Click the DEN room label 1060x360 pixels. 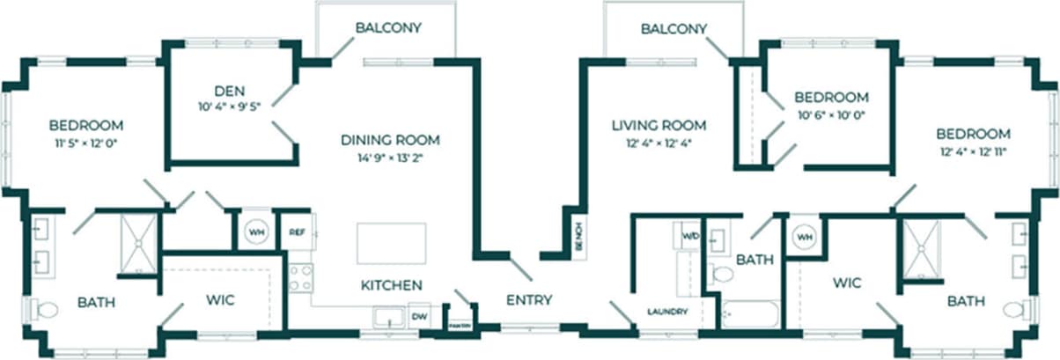coord(228,90)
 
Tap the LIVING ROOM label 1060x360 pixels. coord(659,125)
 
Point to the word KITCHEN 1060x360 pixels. coord(391,285)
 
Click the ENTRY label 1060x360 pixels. coord(529,300)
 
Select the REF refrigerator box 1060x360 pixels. coord(298,233)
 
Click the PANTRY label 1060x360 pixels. coord(460,325)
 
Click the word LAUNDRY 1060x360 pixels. coord(666,312)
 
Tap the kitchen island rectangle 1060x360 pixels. coord(391,243)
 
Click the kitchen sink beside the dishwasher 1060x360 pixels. coord(387,317)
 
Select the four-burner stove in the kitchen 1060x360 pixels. coord(300,277)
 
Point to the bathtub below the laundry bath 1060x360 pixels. coord(750,314)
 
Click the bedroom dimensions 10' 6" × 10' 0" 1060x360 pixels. coord(831,114)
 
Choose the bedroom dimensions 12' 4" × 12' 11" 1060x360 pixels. coord(972,151)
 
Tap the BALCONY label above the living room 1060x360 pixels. coord(674,28)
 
